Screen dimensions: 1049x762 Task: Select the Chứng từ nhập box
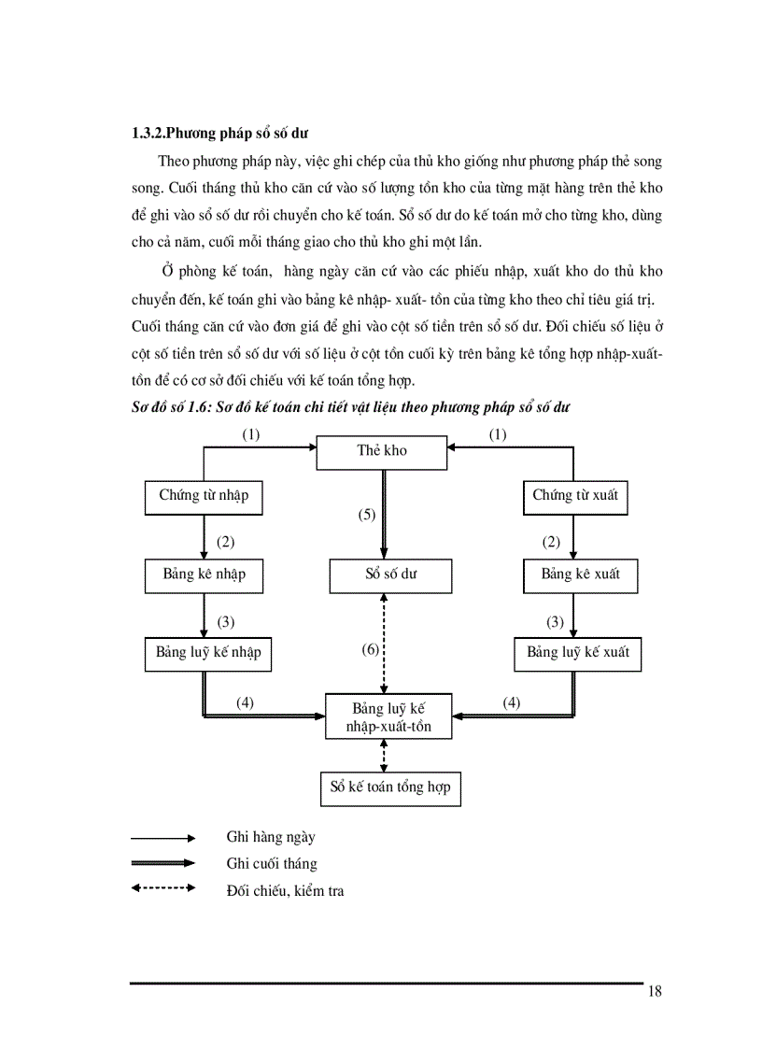(204, 497)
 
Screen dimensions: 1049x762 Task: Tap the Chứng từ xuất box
(575, 497)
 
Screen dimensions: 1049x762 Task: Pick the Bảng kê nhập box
(204, 575)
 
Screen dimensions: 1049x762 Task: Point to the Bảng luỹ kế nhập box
(208, 654)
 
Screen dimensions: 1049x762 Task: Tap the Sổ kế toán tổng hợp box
(390, 787)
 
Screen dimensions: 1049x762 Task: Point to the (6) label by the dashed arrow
(370, 649)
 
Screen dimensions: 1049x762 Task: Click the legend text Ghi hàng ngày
(271, 838)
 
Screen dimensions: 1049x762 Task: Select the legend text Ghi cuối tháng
(272, 864)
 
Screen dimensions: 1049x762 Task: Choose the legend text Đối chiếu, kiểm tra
(285, 891)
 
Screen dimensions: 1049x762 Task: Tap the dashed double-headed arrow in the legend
(162, 888)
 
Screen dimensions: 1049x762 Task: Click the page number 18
(654, 993)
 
